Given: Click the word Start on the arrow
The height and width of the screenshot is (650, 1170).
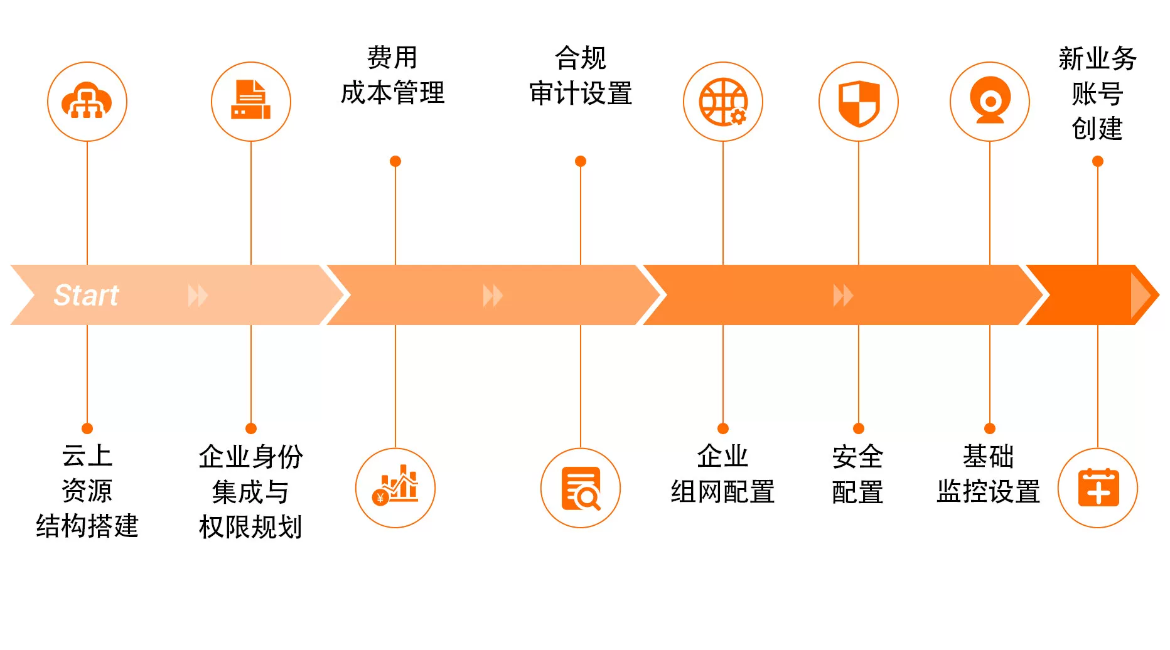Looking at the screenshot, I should tap(86, 295).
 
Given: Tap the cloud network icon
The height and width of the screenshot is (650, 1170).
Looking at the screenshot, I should tap(87, 102).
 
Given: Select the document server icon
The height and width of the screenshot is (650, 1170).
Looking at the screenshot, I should tap(250, 102).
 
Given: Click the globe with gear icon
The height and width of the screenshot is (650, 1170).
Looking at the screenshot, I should tap(722, 102).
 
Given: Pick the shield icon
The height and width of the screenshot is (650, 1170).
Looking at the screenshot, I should tap(858, 102).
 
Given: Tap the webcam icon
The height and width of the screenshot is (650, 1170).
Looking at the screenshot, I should tap(989, 102).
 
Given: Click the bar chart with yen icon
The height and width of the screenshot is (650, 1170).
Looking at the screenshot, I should tap(395, 487).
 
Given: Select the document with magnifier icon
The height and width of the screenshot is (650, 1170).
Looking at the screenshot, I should tap(580, 487).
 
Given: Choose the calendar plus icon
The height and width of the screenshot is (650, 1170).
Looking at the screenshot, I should tap(1097, 487).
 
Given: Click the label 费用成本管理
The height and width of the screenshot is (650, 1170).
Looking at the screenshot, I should tap(392, 75).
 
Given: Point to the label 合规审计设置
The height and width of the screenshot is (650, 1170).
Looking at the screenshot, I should tap(580, 75).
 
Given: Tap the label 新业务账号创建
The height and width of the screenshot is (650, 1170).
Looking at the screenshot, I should tap(1097, 93).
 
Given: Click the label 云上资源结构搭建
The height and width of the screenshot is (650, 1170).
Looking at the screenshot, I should tap(87, 491).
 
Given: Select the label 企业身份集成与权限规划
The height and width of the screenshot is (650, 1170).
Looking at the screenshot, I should tap(250, 491).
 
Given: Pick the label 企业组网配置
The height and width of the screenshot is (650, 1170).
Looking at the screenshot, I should tap(722, 474).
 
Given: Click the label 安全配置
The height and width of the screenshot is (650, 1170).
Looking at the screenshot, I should tap(857, 474).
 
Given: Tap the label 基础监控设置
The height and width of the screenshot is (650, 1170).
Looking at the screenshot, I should tap(989, 474).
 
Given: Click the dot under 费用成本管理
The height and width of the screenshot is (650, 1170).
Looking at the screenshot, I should tap(395, 161).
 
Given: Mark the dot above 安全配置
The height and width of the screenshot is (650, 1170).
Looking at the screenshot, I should tap(859, 429).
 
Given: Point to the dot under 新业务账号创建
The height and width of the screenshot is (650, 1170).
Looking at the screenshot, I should tap(1098, 161).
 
